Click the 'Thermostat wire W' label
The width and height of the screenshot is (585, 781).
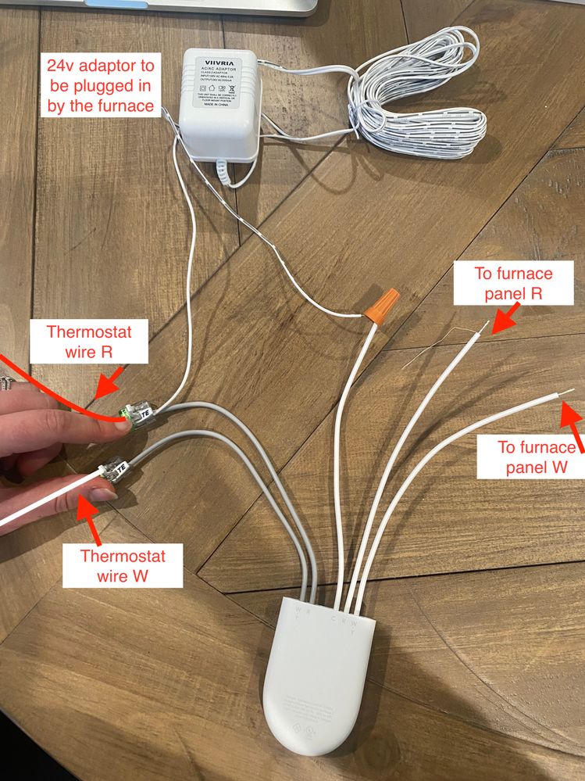[131, 567]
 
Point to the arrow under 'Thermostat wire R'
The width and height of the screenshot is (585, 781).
[105, 385]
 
